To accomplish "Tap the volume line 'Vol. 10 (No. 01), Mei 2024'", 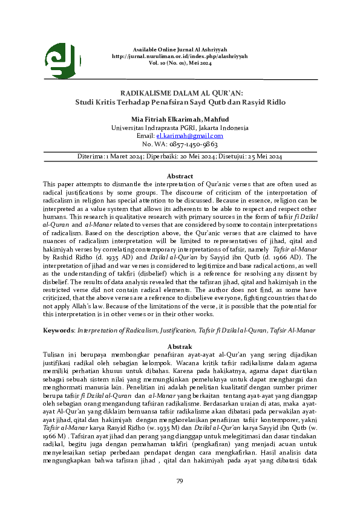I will coord(180,62).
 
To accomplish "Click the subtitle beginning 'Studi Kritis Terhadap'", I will coord(180,102).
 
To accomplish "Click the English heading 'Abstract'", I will coord(180,176).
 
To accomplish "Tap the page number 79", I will coord(180,481).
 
